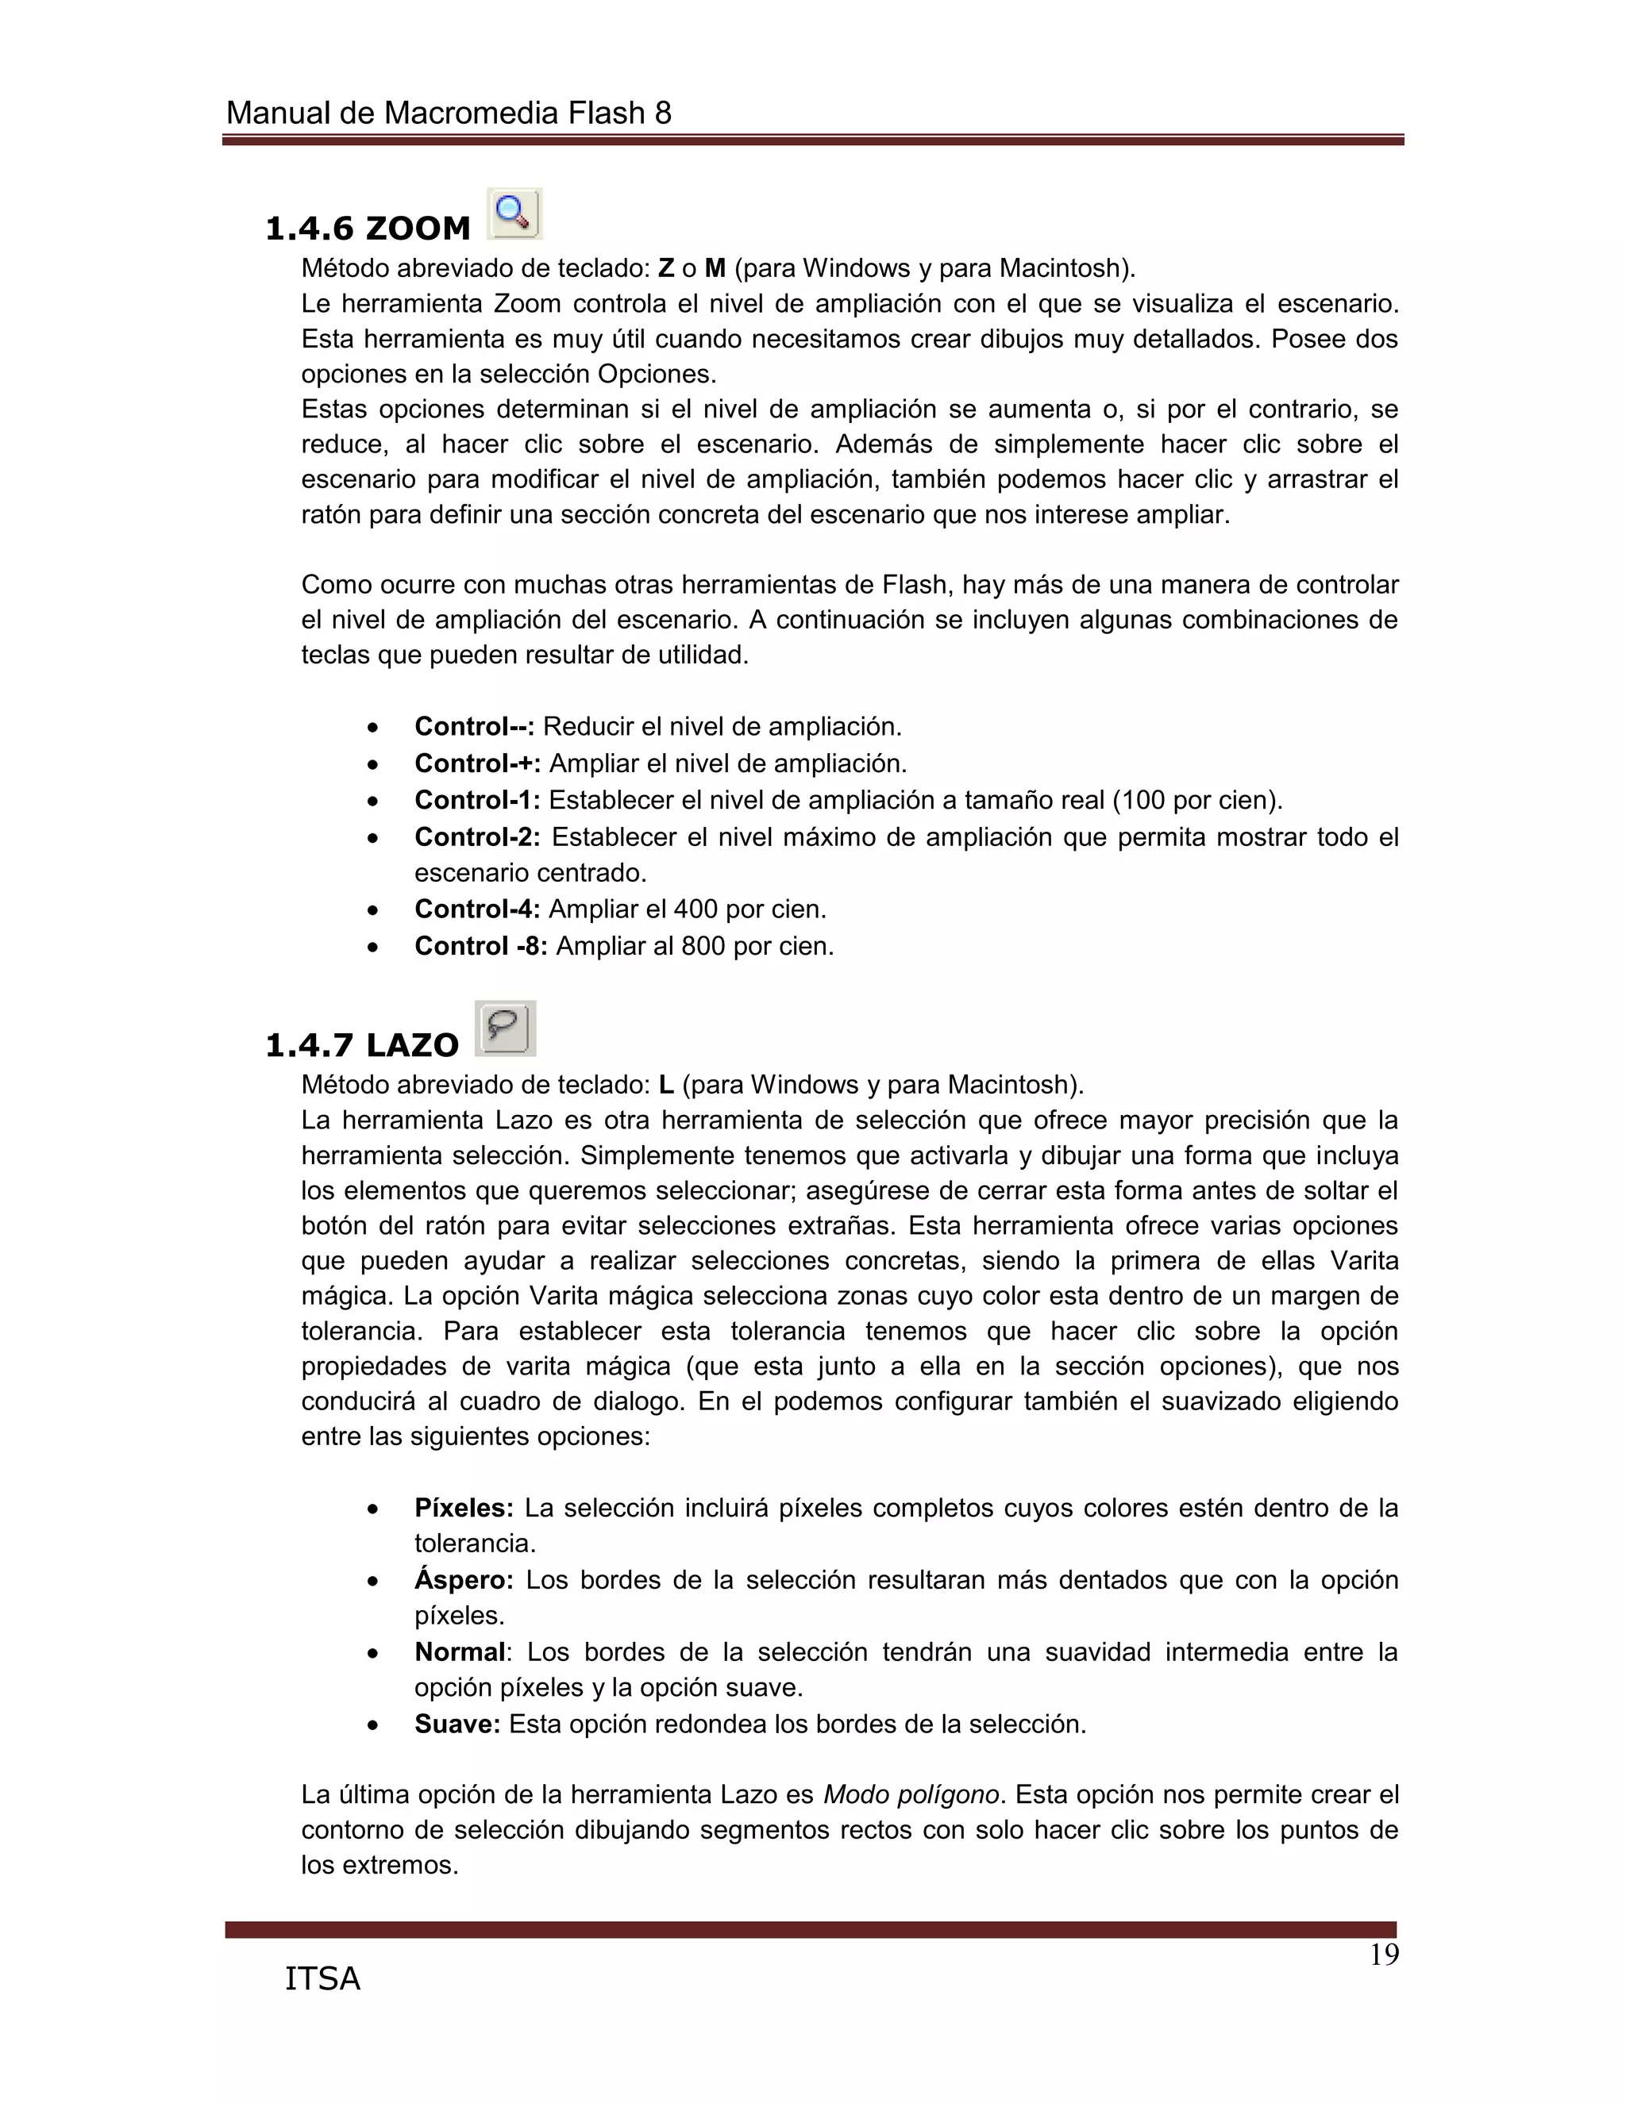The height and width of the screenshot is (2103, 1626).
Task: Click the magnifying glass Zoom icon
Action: coord(514,213)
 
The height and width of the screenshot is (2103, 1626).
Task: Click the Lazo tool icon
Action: coord(505,1028)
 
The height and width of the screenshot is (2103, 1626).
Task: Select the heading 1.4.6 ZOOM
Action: coord(367,229)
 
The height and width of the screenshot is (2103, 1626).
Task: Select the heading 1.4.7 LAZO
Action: coord(361,1045)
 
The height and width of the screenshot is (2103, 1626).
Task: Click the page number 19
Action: coord(1383,1955)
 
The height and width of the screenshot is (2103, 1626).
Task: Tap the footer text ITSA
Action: coord(322,1978)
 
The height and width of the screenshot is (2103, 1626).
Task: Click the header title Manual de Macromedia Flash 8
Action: coord(448,113)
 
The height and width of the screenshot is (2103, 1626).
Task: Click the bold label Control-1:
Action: coord(477,800)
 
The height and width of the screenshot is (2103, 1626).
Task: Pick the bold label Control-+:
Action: coord(477,763)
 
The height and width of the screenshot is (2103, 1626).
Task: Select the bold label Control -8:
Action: coord(480,947)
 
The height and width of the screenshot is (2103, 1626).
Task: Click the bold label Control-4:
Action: coord(477,909)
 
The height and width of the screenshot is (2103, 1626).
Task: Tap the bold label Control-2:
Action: coord(477,836)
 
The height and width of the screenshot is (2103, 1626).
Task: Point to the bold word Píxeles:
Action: coord(464,1508)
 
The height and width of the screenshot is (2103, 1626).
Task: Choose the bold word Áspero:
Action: coord(464,1580)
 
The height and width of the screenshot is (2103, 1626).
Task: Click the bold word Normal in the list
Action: coord(460,1652)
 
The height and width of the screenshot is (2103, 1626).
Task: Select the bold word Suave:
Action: coord(457,1724)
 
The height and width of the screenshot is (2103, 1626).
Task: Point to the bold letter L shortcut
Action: coord(665,1085)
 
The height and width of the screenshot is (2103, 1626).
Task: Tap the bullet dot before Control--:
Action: coord(373,727)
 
